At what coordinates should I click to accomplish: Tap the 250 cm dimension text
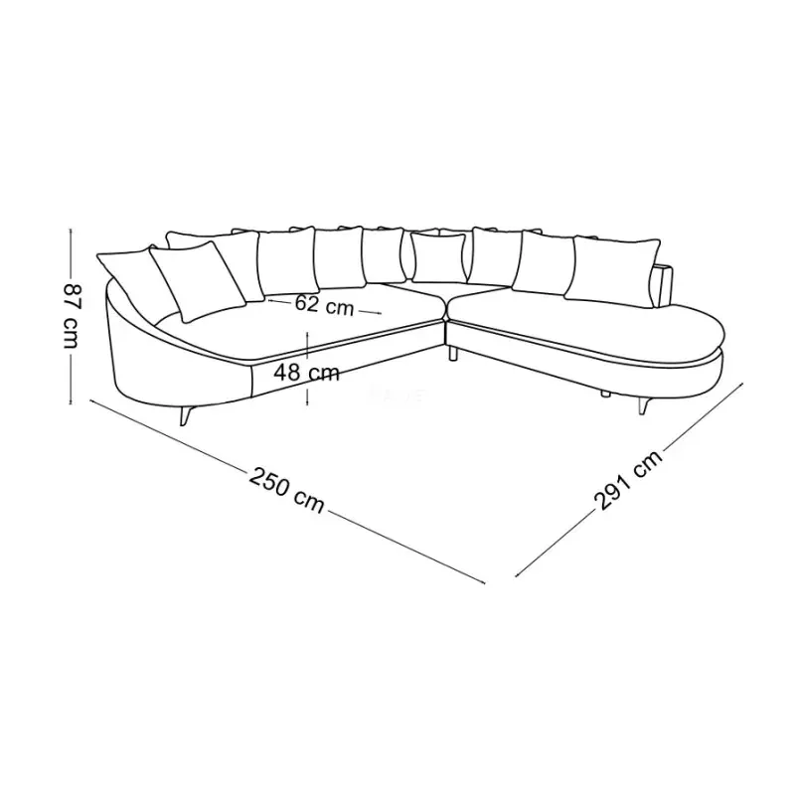[286, 490]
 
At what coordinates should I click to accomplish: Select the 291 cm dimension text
[628, 480]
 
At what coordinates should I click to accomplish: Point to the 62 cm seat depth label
[324, 305]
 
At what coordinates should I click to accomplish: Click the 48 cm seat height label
[306, 374]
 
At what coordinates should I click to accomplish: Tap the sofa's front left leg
[185, 414]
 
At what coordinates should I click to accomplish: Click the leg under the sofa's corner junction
[453, 353]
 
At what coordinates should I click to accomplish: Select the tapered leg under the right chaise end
[644, 406]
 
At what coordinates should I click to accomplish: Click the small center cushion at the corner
[438, 257]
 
